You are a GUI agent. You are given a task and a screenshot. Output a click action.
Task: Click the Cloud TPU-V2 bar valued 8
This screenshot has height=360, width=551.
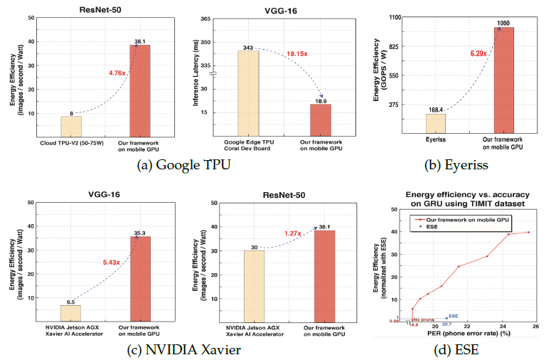tap(71, 127)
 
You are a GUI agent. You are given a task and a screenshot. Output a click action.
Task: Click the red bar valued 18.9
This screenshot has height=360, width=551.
tap(321, 121)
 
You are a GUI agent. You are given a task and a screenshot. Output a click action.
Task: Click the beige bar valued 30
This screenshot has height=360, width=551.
tap(254, 285)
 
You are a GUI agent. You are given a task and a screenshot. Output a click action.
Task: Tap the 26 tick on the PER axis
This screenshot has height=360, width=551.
tap(535, 327)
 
